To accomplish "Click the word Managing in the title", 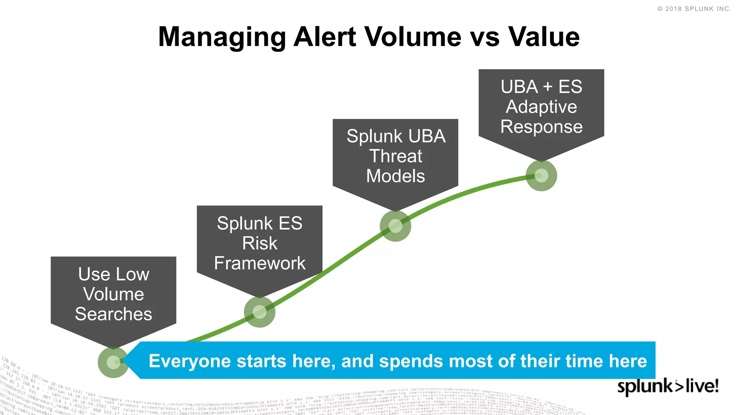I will coord(222,37).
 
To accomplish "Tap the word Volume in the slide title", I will coord(413,37).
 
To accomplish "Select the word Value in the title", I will coord(544,37).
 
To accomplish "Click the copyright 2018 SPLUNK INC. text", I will coord(694,9).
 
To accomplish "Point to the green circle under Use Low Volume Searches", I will coord(113,362).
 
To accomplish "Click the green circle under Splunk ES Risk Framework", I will coord(259,312).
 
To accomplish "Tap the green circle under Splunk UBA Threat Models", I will coord(395,226).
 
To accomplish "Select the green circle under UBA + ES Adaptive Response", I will coord(541,175).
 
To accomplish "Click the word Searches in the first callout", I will coord(114,314).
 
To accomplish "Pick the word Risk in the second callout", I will coord(259,243).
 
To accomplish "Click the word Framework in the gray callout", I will coord(259,263).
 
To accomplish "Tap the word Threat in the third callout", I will coord(395,156).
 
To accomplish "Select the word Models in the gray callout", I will coord(395,176).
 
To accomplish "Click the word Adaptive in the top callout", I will coord(541,107).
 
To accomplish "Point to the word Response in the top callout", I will coord(541,127).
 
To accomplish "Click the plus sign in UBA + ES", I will coord(547,87).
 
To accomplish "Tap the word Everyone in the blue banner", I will coord(190,361).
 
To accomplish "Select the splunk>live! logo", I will coord(668,387).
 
